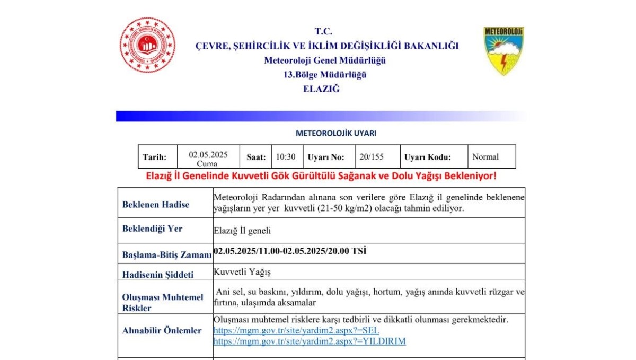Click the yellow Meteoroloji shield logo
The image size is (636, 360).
coord(503,51)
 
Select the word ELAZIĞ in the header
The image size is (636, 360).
coord(321,89)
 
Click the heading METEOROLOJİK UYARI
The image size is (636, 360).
coord(336,134)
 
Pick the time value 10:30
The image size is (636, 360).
coord(286,157)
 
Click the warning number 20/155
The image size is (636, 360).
coord(371,157)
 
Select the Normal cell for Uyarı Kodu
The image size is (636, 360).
coord(485,157)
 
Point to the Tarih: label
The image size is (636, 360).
coord(154,157)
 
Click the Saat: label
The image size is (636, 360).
coord(256,157)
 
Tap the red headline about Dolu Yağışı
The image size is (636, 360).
coord(321,175)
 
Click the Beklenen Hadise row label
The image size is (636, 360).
coord(156,205)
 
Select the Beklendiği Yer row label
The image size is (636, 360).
coord(153,229)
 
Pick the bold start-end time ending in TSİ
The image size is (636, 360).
coord(290,251)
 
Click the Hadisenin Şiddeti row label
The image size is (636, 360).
coord(158,275)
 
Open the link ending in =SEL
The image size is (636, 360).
coord(296,331)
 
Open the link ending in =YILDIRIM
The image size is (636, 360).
coord(310,341)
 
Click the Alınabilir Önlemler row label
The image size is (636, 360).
coord(162,331)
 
